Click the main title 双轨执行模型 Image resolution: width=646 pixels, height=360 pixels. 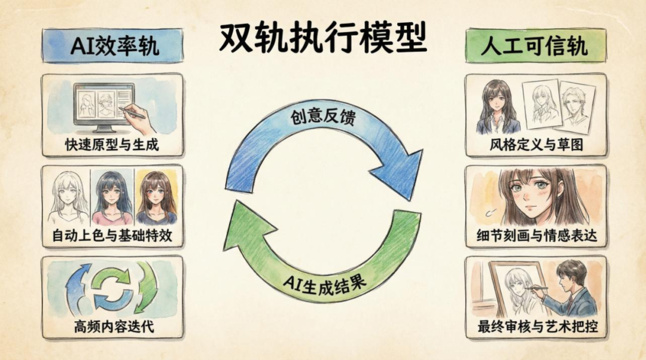[322, 39]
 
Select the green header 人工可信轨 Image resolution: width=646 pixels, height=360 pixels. [534, 46]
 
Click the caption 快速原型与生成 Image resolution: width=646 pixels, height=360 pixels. [112, 145]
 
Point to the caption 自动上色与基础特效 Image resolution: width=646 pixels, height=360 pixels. [112, 235]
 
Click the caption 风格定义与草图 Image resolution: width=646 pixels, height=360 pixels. [535, 145]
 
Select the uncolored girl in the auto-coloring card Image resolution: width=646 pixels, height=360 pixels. [68, 197]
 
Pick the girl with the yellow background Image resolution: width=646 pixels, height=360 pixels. [157, 197]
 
